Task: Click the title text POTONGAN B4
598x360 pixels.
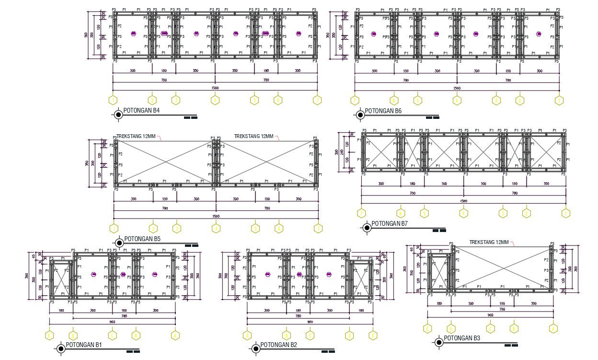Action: coord(141,111)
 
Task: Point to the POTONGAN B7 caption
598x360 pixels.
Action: coord(390,223)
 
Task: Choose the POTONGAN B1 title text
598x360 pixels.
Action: coord(83,345)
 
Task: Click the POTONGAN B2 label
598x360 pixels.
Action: coord(278,345)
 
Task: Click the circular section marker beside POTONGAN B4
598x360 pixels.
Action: coord(118,115)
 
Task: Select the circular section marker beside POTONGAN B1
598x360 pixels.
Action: coord(61,348)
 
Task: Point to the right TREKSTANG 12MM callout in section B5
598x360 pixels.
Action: coord(254,136)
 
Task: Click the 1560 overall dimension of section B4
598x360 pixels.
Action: coord(215,88)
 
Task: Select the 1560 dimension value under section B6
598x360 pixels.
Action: coord(457,88)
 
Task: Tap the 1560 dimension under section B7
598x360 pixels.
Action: coord(463,201)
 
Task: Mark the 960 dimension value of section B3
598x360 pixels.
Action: coord(490,315)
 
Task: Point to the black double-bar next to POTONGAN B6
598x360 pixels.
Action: coord(433,117)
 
